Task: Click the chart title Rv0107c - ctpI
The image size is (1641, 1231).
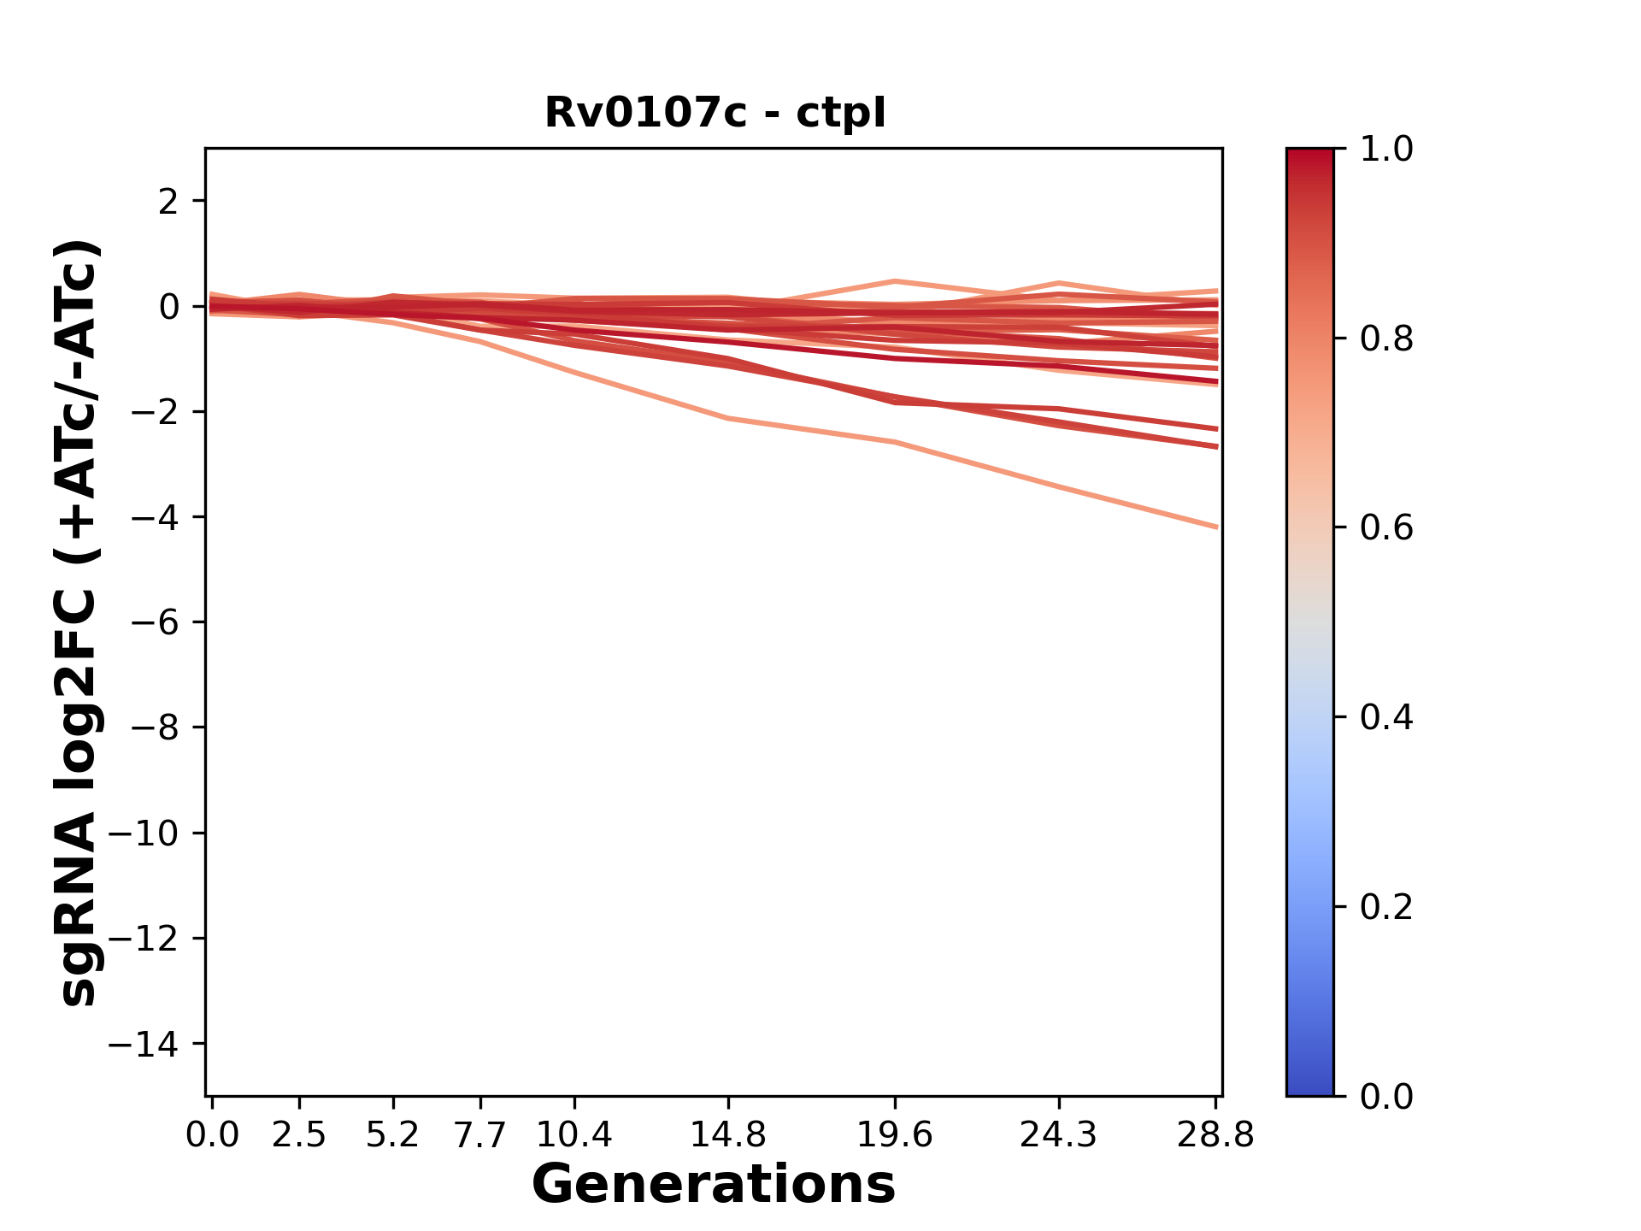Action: pyautogui.click(x=715, y=113)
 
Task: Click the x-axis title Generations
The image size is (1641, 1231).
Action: pyautogui.click(x=714, y=1185)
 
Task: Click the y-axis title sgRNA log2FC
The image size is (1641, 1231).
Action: pyautogui.click(x=79, y=621)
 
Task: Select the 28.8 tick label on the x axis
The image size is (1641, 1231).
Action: pyautogui.click(x=1215, y=1135)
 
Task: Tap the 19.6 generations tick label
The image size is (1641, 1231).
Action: pyautogui.click(x=895, y=1135)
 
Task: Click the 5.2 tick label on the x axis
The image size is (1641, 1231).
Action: pyautogui.click(x=393, y=1135)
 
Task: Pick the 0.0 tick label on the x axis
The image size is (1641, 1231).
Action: pyautogui.click(x=212, y=1135)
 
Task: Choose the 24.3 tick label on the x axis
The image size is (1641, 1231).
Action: pyautogui.click(x=1059, y=1135)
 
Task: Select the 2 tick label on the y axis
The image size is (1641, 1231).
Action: pyautogui.click(x=169, y=201)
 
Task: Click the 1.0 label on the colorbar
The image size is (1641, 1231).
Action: pyautogui.click(x=1386, y=150)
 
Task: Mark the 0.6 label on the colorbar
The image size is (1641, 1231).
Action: pyautogui.click(x=1386, y=528)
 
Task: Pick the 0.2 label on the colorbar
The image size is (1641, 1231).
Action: pyautogui.click(x=1386, y=907)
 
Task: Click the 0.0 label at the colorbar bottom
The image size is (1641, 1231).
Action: pyautogui.click(x=1386, y=1096)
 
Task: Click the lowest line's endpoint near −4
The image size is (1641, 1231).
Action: pyautogui.click(x=1215, y=527)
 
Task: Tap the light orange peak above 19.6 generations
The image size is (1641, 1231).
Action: pyautogui.click(x=895, y=281)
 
